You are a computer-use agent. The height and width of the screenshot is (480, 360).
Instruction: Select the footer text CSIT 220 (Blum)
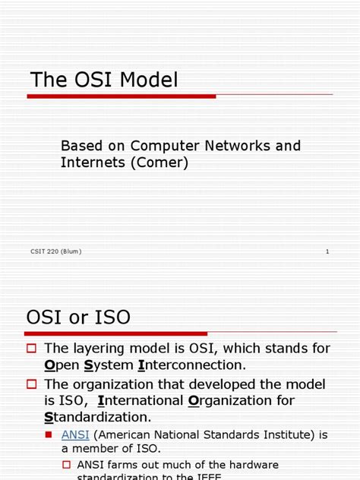coord(57,251)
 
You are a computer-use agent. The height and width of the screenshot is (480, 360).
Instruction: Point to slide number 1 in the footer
coord(327,251)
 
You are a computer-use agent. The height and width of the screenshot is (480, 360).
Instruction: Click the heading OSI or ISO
coord(78,317)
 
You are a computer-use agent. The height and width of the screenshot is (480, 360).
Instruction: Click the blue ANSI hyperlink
coord(75,434)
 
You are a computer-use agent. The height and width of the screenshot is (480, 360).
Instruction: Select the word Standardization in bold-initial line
coord(98,417)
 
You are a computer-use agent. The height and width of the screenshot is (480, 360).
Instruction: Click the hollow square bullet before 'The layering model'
coord(32,349)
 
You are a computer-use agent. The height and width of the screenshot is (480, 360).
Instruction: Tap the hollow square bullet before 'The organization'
coord(32,384)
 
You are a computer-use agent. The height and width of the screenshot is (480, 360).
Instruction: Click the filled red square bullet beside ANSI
coord(50,435)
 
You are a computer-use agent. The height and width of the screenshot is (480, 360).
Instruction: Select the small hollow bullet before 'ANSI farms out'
coord(66,464)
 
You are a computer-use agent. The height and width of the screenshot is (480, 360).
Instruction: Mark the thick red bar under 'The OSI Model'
coord(122,96)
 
